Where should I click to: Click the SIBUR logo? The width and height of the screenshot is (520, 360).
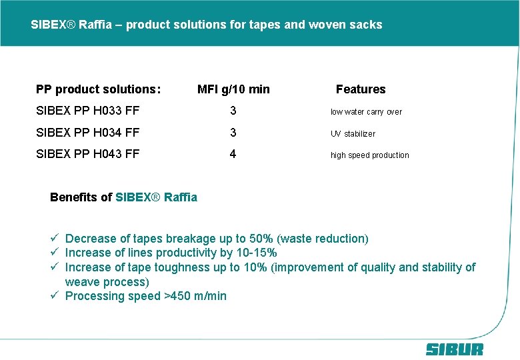pyautogui.click(x=455, y=349)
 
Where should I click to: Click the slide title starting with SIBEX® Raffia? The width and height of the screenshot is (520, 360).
pyautogui.click(x=207, y=25)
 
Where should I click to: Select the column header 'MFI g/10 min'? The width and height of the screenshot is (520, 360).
pyautogui.click(x=233, y=89)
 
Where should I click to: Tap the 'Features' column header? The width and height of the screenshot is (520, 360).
pyautogui.click(x=361, y=89)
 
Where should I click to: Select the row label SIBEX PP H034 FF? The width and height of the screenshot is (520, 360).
pyautogui.click(x=87, y=133)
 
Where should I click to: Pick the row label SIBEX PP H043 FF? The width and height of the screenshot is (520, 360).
pyautogui.click(x=87, y=154)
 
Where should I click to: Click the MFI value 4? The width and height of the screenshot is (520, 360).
pyautogui.click(x=233, y=154)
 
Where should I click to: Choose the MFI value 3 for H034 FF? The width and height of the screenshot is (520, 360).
pyautogui.click(x=233, y=133)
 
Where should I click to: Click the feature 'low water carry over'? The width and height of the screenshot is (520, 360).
pyautogui.click(x=366, y=112)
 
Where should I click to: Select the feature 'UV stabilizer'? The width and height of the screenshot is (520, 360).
pyautogui.click(x=353, y=133)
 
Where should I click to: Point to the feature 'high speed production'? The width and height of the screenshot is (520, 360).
pyautogui.click(x=370, y=155)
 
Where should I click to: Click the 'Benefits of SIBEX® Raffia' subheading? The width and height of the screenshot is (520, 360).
pyautogui.click(x=123, y=197)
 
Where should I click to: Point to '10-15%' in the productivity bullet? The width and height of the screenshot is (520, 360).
pyautogui.click(x=255, y=253)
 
